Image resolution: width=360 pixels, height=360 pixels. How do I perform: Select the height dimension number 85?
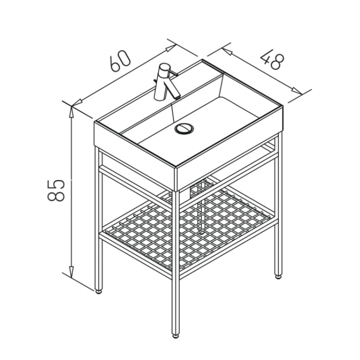pyautogui.click(x=56, y=190)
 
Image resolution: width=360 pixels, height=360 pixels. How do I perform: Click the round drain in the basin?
pyautogui.click(x=184, y=128)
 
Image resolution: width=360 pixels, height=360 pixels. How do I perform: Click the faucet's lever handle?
pyautogui.click(x=172, y=73)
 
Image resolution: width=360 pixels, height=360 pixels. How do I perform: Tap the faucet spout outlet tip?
pyautogui.click(x=177, y=97)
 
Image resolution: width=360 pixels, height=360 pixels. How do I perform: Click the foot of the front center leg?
pyautogui.click(x=175, y=336)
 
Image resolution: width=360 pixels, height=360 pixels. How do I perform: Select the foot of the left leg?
pyautogui.click(x=98, y=292)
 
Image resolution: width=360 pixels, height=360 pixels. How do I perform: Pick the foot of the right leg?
pyautogui.click(x=278, y=276)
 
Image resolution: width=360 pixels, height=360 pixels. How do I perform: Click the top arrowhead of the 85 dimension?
pyautogui.click(x=72, y=112)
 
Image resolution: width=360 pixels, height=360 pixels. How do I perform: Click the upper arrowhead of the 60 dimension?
pyautogui.click(x=171, y=48)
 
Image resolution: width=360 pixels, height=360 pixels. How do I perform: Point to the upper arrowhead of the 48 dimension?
pyautogui.click(x=226, y=51)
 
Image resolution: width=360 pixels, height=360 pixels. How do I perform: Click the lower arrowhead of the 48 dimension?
pyautogui.click(x=297, y=91)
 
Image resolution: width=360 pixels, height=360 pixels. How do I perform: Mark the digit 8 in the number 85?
pyautogui.click(x=56, y=196)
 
